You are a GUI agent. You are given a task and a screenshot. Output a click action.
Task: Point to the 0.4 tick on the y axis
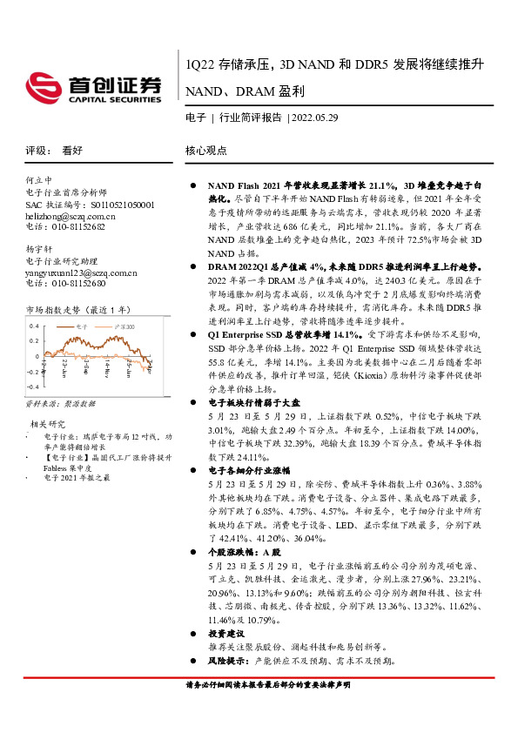coord(34,326)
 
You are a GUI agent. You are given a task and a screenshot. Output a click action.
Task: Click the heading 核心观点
coord(205,150)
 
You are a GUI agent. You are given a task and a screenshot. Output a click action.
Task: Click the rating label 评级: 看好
coord(53,150)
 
